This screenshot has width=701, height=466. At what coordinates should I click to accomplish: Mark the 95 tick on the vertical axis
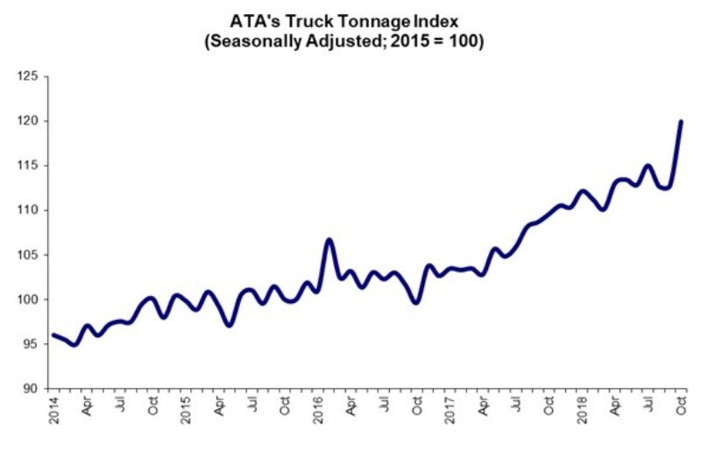click(x=31, y=344)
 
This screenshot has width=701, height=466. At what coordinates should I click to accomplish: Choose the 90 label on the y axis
click(x=31, y=388)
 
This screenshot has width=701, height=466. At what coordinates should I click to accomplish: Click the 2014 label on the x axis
click(x=52, y=410)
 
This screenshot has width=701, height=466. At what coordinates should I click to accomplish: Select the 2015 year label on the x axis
click(x=187, y=410)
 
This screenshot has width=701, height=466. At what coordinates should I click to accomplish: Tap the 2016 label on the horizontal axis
click(x=319, y=410)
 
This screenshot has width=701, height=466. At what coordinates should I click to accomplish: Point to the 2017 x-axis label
click(x=452, y=410)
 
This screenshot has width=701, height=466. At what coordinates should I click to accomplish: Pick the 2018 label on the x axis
click(x=584, y=410)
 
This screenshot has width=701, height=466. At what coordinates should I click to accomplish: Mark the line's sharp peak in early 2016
click(x=329, y=239)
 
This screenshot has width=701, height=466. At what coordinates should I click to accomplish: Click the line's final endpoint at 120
click(x=681, y=122)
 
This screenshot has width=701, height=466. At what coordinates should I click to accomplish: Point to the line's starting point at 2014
click(x=53, y=335)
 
